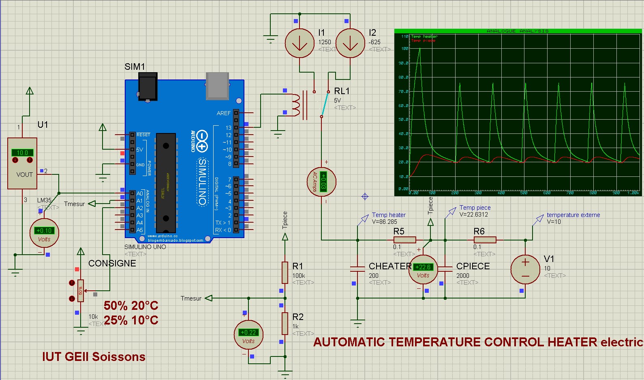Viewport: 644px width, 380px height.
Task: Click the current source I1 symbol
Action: click(300, 43)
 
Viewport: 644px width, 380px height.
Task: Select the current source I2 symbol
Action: click(350, 43)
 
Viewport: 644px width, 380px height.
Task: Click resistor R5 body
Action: click(404, 240)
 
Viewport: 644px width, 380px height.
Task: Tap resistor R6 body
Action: click(485, 240)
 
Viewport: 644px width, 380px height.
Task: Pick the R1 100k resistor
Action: click(285, 272)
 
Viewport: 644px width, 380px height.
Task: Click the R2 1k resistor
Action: click(285, 323)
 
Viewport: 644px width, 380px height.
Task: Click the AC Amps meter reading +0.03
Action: click(322, 182)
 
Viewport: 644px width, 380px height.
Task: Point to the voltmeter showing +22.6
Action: click(423, 269)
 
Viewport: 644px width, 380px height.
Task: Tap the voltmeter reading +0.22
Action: click(248, 335)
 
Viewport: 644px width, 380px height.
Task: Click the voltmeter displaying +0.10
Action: click(44, 233)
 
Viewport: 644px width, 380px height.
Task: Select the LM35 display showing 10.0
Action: click(22, 153)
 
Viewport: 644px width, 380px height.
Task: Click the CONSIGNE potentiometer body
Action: click(81, 291)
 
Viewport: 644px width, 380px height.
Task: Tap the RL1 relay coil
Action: click(296, 105)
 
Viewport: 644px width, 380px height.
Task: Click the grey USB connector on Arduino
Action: click(218, 86)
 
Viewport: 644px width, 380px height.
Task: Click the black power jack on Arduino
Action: click(147, 87)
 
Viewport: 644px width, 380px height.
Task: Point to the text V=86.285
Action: click(384, 222)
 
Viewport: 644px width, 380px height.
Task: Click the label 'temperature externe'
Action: click(573, 215)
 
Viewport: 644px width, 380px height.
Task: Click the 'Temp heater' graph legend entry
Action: click(424, 36)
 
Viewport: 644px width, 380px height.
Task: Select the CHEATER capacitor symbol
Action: click(357, 268)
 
